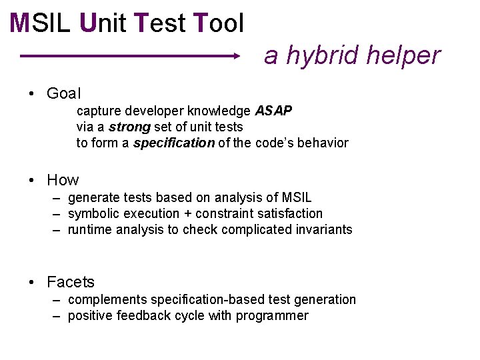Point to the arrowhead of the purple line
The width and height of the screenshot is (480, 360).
[236, 57]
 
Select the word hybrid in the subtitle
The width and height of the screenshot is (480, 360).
[325, 56]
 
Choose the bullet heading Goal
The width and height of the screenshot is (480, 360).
[63, 93]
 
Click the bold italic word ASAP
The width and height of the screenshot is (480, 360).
[273, 111]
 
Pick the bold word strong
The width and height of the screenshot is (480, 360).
[129, 127]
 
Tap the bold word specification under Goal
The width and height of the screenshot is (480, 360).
[174, 143]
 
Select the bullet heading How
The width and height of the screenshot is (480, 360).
[63, 180]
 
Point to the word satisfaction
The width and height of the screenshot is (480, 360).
[290, 213]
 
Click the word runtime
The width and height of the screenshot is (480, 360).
[90, 229]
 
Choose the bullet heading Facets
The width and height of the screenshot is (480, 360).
[71, 282]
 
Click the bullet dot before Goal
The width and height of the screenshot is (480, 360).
[32, 93]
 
